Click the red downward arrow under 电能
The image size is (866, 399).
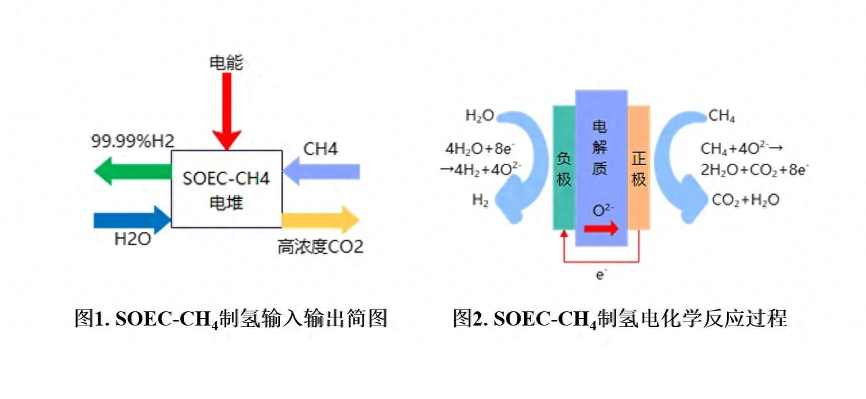coord(227,111)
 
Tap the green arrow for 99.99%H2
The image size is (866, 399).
coord(133,171)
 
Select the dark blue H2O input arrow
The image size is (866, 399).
coord(133,220)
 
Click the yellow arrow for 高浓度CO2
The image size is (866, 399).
coord(320,220)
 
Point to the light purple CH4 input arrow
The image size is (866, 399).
coord(321,171)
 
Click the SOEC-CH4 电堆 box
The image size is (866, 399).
coord(227,189)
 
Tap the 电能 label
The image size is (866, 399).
coord(226,63)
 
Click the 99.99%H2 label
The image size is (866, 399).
coord(133,142)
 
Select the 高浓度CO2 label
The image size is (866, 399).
coord(320,247)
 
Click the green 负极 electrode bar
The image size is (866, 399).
coord(564,168)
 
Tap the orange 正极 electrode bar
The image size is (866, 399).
coord(639,168)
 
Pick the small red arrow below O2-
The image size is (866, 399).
coord(601,228)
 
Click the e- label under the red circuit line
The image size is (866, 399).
coord(601,274)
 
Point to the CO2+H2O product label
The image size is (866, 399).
coord(745,200)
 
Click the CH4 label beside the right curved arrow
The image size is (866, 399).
coord(722,115)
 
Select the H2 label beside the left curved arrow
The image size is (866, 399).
coord(480,200)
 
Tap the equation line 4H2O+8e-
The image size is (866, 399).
coord(480,149)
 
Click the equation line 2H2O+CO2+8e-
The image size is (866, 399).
coord(755,170)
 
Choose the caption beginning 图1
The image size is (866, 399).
coord(231,319)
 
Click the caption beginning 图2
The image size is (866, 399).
coord(620,319)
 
